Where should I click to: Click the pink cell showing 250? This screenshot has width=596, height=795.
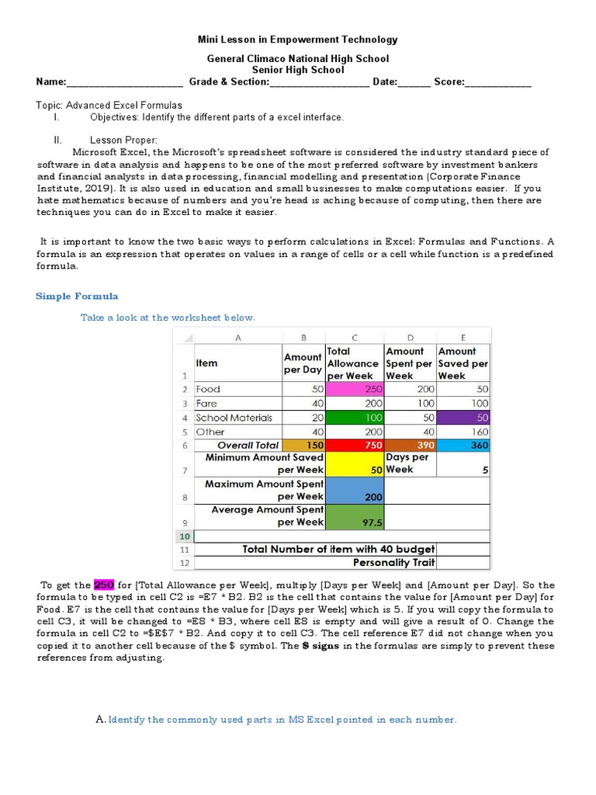pos(354,389)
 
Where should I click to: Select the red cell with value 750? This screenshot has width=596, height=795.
pos(354,446)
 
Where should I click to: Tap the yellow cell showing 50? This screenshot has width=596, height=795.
pos(354,463)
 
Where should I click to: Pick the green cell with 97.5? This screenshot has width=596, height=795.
pos(354,516)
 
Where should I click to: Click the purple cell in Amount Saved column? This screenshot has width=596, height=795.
pos(463,418)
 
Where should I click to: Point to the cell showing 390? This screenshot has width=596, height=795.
pos(409,446)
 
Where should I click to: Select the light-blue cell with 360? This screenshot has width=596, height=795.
pos(463,446)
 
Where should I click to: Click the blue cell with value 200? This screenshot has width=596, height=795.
pos(354,490)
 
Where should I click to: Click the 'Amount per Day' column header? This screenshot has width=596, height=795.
pos(303,363)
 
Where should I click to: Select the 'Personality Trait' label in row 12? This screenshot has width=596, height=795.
pos(393,562)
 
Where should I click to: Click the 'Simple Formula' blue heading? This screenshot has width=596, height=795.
pos(78,297)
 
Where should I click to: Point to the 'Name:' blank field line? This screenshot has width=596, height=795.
pos(124,82)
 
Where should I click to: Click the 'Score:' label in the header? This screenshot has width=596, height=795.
pos(449,82)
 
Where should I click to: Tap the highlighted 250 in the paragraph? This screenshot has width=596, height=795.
pos(104,585)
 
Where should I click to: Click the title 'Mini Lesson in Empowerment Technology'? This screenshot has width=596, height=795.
pos(298,40)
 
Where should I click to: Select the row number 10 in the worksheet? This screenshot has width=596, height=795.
pos(184,536)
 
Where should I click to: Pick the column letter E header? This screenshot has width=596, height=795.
pos(463,337)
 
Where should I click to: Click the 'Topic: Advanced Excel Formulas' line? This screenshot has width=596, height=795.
pos(109,105)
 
